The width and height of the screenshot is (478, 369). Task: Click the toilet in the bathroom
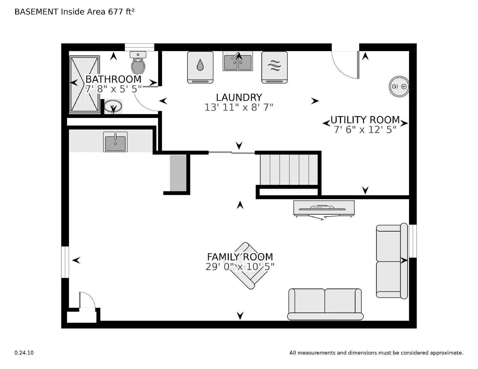[138, 63]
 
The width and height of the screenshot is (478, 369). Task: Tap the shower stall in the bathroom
[85, 84]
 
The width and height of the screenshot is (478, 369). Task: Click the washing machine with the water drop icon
[200, 67]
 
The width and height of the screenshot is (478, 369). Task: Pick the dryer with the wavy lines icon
[274, 67]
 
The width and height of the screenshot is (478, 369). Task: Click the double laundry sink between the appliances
[238, 61]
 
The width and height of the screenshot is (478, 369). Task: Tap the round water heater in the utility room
[399, 87]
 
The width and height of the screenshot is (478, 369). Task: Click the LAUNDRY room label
[239, 97]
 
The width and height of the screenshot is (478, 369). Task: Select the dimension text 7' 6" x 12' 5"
[365, 130]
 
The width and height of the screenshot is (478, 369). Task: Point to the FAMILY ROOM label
[240, 257]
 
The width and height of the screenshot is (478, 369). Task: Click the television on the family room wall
[324, 208]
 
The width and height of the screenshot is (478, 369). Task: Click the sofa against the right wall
[392, 261]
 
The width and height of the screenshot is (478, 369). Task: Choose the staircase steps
[289, 170]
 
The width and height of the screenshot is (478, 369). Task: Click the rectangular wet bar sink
[115, 142]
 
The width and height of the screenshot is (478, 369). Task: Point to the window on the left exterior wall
[65, 262]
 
